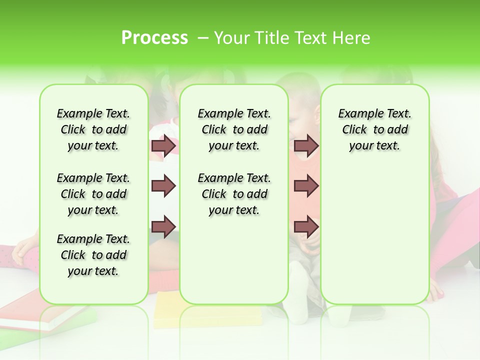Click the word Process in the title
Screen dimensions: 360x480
154,38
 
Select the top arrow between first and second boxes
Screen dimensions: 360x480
163,146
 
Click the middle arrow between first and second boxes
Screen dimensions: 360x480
163,186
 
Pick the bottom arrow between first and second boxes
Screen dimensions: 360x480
163,227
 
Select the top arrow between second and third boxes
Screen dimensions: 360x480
306,146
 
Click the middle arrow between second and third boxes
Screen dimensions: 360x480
306,186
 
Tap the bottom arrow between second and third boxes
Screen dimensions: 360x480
306,227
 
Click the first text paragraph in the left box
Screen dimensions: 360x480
93,129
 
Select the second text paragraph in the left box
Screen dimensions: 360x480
93,194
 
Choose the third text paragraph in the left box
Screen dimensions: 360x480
93,255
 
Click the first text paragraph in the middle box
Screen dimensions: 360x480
234,129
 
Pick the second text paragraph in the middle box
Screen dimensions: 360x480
234,194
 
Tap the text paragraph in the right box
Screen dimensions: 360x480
374,129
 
